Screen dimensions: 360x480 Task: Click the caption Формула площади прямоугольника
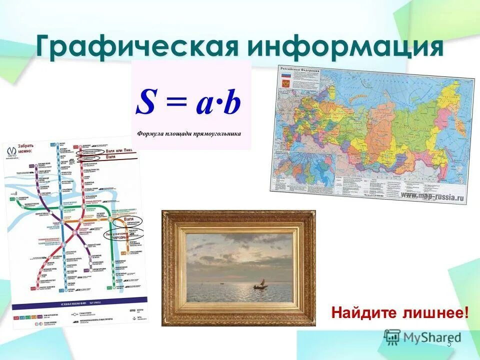click(x=189, y=133)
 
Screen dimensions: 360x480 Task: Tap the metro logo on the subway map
click(x=11, y=151)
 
